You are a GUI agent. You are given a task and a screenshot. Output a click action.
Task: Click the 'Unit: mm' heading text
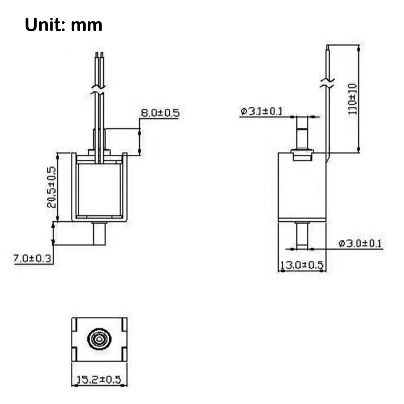63,25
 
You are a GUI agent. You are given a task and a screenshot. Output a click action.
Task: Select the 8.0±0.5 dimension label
160,113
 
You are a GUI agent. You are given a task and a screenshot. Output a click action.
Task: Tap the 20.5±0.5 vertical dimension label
51,187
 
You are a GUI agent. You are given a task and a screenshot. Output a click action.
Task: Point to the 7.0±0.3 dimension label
32,259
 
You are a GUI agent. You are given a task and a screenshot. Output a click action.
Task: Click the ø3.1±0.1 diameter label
261,112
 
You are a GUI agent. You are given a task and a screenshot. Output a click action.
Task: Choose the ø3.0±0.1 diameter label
360,243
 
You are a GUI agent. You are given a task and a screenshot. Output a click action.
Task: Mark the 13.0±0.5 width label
301,265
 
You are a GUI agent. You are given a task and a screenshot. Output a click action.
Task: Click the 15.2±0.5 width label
99,379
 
